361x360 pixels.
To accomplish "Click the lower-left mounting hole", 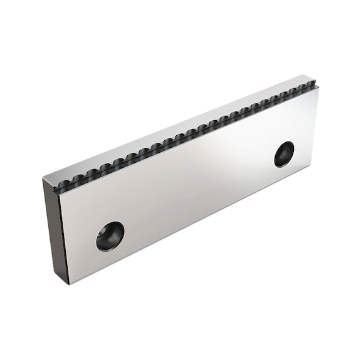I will click(x=110, y=236).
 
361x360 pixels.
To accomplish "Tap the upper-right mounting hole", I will click(x=284, y=154).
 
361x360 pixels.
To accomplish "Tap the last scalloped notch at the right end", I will click(x=310, y=85).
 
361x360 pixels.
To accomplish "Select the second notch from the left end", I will click(x=75, y=180).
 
